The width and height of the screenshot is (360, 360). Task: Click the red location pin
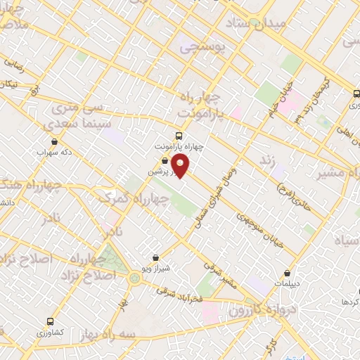point(181,167)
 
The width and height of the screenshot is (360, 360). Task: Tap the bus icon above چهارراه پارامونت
point(178,136)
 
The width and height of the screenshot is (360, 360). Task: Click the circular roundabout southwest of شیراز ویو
point(134,278)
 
